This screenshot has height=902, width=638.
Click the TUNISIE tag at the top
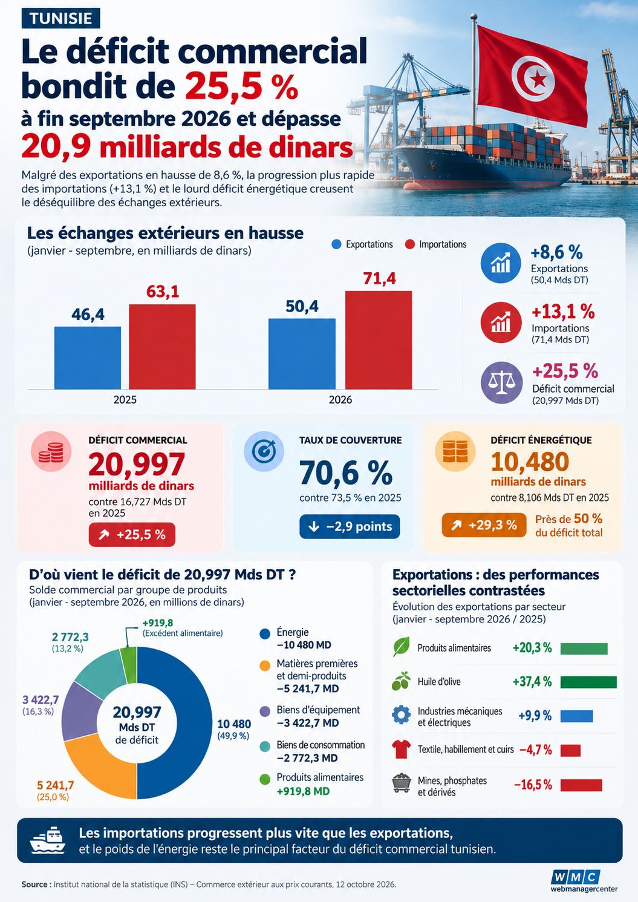click(x=60, y=19)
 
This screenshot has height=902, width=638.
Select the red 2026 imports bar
click(x=379, y=340)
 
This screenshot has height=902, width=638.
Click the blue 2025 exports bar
click(x=87, y=358)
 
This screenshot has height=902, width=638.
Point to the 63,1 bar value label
click(x=163, y=292)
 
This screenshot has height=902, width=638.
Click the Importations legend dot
click(x=410, y=244)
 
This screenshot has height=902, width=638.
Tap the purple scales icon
click(x=501, y=382)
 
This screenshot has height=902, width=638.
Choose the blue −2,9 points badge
click(x=350, y=526)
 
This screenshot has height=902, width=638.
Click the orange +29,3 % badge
click(x=484, y=525)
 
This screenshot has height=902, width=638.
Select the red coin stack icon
click(x=51, y=451)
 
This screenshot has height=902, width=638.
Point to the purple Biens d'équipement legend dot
click(x=265, y=711)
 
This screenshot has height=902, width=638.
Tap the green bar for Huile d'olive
click(x=588, y=682)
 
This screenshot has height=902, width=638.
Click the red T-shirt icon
click(x=402, y=749)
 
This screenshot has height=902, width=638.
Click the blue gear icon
click(x=402, y=714)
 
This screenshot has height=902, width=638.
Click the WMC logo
click(x=584, y=880)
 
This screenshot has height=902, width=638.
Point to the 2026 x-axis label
click(x=340, y=400)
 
